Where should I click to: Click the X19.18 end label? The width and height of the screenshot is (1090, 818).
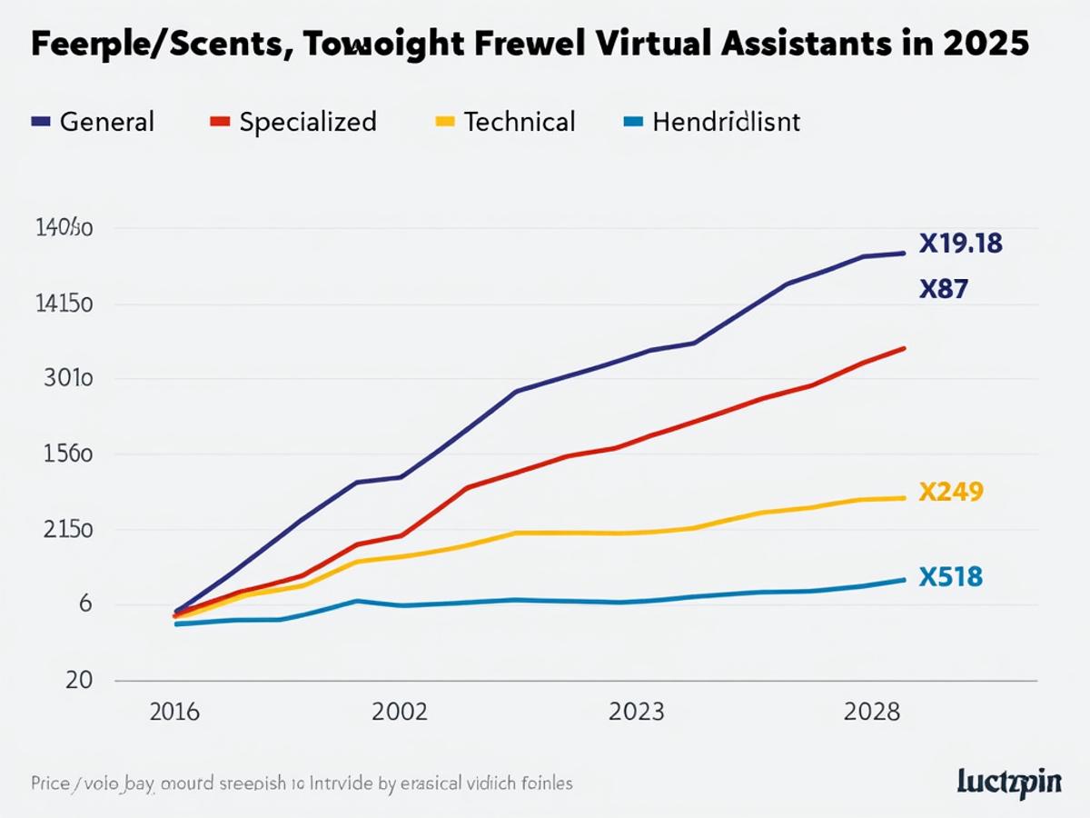pos(960,244)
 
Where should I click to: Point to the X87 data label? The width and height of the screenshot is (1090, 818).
pos(943,290)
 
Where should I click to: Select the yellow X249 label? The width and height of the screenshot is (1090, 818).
pos(951,493)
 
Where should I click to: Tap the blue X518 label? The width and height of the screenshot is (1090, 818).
pos(950,577)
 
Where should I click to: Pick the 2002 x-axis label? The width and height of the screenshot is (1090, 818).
pos(399,712)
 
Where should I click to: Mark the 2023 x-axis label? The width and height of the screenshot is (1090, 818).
pos(636,712)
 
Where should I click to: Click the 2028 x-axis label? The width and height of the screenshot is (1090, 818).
pos(872,712)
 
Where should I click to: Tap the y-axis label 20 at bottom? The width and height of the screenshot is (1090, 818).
pos(54,681)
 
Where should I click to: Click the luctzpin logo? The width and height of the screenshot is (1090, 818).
pos(1009,783)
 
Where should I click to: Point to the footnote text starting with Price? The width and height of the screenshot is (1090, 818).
pos(301,783)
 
